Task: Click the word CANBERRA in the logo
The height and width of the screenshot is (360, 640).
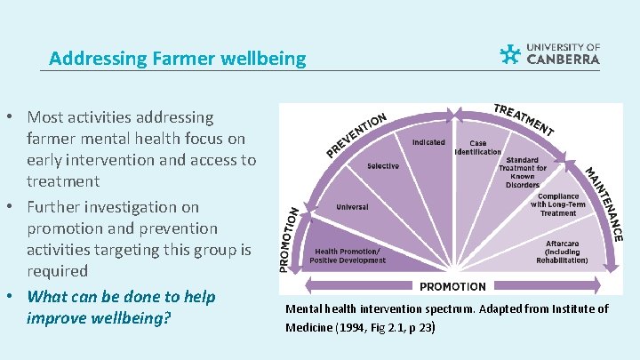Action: [564, 60]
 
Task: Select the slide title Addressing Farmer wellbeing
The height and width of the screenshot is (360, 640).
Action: [177, 60]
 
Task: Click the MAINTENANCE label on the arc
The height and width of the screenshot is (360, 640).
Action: [604, 204]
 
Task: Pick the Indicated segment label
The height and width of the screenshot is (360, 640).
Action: [428, 142]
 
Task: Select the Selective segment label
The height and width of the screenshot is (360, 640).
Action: [383, 166]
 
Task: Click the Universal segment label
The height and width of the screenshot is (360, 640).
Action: [352, 207]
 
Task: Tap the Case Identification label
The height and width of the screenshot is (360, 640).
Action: [478, 148]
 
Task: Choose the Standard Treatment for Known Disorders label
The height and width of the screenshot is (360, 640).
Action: [523, 172]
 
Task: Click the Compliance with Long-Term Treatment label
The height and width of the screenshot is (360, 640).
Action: [558, 204]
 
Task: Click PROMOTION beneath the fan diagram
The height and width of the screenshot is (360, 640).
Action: [452, 286]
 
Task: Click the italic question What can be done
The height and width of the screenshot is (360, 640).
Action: [121, 307]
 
